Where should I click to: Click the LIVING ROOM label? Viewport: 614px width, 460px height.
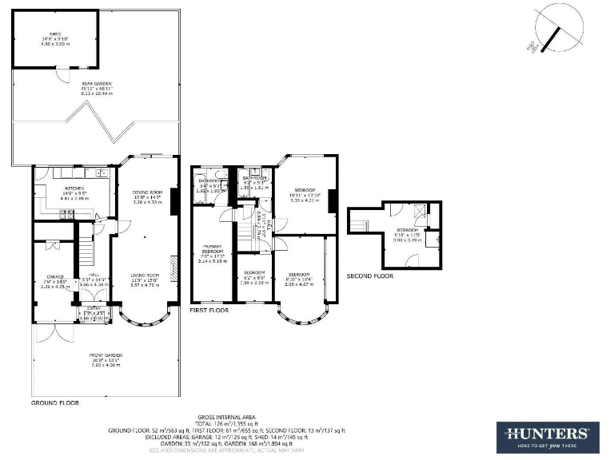point(146,276)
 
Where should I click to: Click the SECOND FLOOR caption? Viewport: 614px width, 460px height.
point(370,276)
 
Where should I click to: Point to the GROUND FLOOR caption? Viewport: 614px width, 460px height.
point(55,403)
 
